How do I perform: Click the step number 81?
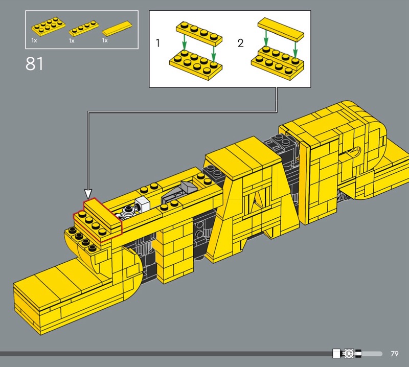point(34,63)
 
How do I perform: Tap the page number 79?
point(395,354)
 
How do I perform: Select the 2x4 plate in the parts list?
point(49,27)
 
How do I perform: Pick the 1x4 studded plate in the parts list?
point(84,29)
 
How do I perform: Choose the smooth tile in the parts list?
point(117,28)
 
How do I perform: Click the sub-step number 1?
point(157,43)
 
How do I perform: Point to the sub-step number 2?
point(240,43)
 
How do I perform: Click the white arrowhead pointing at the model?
point(88,194)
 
